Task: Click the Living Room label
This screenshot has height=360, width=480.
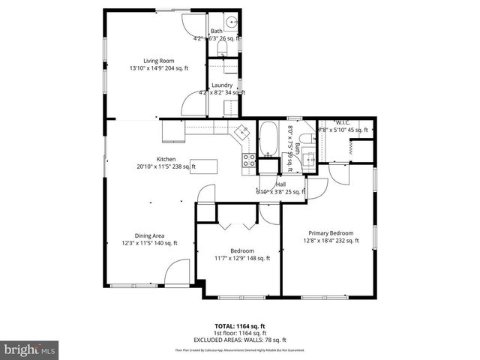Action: (x=158, y=61)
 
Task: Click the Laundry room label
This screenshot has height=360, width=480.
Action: (x=221, y=85)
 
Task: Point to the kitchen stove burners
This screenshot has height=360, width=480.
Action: (x=248, y=160)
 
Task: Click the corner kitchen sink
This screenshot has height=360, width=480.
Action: (x=242, y=132)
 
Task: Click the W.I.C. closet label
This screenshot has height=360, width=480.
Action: (x=343, y=123)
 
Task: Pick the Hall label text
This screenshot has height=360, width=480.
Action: (x=280, y=184)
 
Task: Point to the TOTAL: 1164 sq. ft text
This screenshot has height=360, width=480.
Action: (x=240, y=326)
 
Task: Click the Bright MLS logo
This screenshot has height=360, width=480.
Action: (x=30, y=349)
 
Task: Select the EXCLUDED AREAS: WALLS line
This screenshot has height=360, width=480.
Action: (x=240, y=340)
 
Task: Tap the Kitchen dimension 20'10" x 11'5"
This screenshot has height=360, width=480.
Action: (x=166, y=166)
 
